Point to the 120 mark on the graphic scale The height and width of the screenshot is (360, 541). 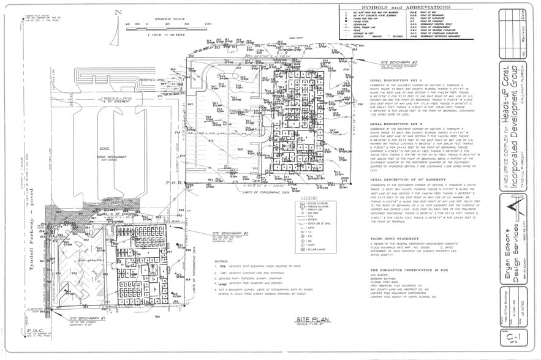(x=208, y=24)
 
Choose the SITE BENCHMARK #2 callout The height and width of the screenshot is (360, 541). (x=229, y=233)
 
